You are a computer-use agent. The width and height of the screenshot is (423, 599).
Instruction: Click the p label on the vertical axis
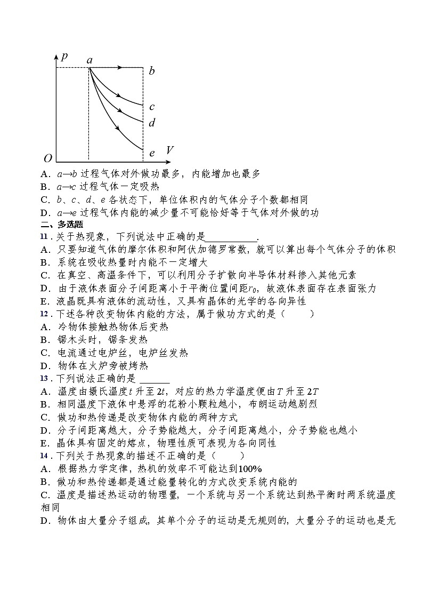coord(64,57)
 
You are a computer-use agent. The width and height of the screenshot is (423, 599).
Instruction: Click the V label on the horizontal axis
coord(169,150)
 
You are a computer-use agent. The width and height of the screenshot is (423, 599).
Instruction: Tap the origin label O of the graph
coord(48,158)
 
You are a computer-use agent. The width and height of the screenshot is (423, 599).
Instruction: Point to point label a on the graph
coord(90,60)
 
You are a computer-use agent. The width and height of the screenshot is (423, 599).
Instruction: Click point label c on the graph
coord(152,107)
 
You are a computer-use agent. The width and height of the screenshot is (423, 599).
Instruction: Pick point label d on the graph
coord(152,123)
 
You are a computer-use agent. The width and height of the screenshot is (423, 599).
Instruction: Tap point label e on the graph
coord(152,153)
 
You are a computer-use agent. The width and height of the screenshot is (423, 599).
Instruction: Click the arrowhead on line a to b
coord(121,68)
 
